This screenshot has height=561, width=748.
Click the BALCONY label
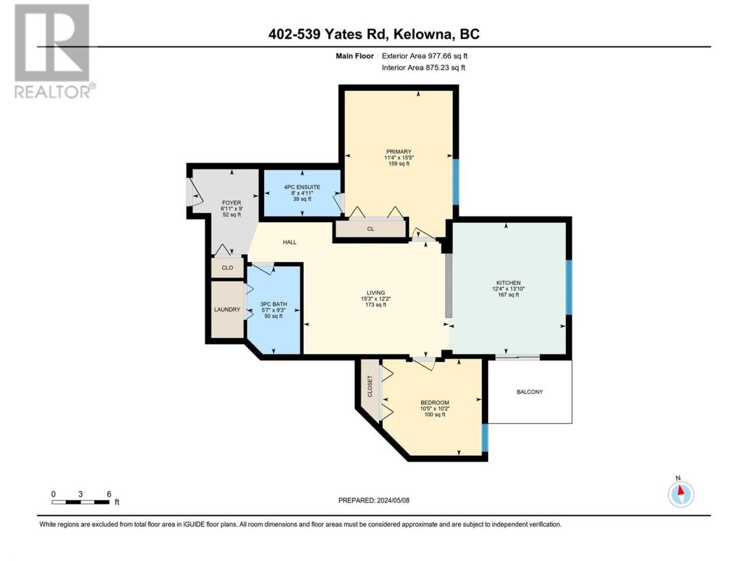pos(529,392)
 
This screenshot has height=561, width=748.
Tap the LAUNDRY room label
pos(227,310)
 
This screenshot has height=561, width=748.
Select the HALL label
pos(290,242)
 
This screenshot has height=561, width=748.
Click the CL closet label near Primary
pos(370,229)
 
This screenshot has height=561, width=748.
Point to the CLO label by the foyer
pos(227,268)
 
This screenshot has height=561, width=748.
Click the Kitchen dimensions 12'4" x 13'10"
pos(508,289)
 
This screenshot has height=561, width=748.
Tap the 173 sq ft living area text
pos(376,305)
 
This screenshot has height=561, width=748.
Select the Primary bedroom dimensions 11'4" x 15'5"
pos(399,158)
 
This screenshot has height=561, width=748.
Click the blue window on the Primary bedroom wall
pos(456,182)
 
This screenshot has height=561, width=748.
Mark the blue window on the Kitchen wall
pos(569,288)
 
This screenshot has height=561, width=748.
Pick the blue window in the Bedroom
pos(485,438)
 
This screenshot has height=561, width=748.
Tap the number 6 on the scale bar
pos(109,494)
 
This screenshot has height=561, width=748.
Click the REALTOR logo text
pos(53,92)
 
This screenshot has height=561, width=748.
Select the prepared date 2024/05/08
pos(393,500)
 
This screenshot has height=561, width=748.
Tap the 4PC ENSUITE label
pos(302,187)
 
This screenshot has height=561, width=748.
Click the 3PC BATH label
pos(273,304)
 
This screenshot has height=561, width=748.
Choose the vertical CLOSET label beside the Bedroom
pos(370,386)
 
